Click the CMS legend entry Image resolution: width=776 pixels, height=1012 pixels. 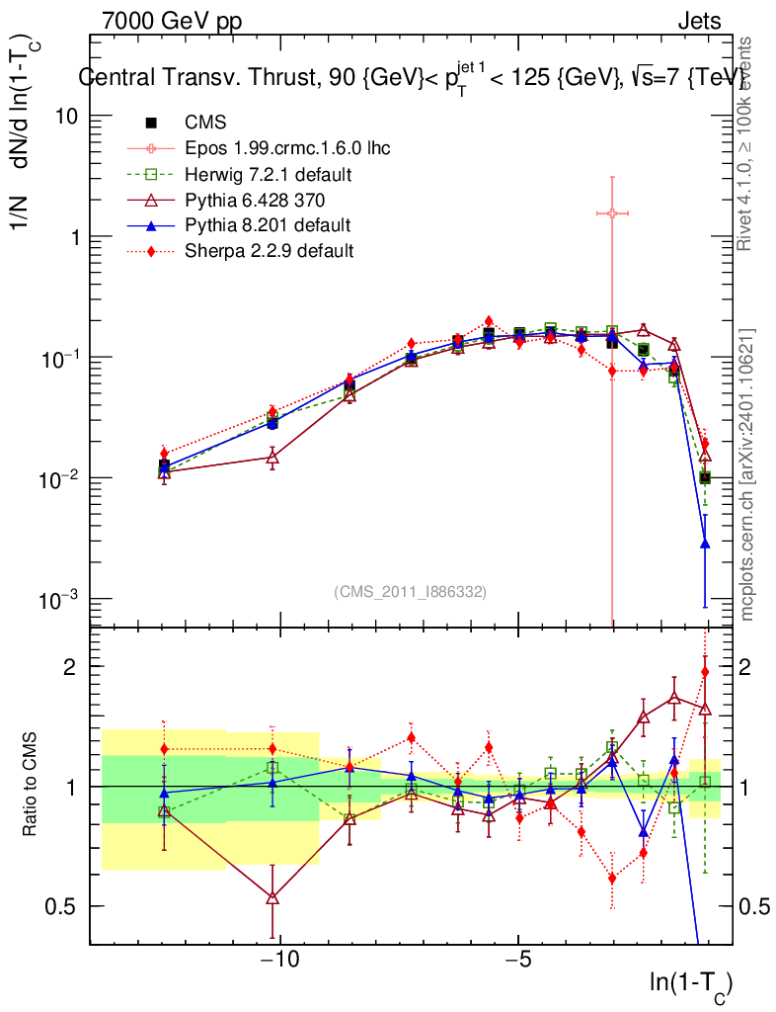pos(205,123)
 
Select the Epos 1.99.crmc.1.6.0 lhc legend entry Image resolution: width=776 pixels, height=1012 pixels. pos(287,148)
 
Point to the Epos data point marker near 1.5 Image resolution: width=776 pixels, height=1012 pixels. pos(612,212)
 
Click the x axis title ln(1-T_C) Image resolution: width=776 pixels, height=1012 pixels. pos(690,984)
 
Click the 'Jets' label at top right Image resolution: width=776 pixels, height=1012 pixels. pos(699,21)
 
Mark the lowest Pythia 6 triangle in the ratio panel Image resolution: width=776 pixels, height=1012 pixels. pos(273,897)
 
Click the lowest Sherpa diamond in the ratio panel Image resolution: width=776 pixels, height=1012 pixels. pos(612,878)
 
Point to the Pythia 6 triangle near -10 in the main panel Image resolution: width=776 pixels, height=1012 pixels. pos(273,457)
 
